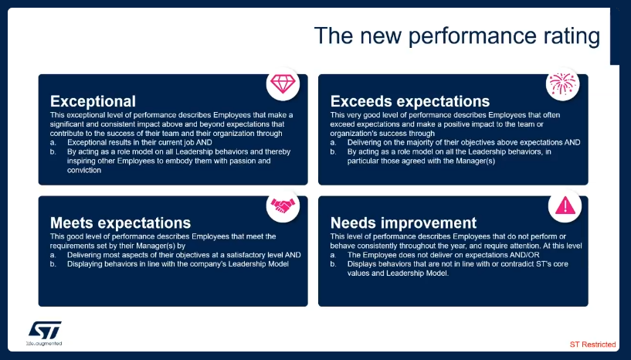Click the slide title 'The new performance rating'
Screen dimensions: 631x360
coord(456,36)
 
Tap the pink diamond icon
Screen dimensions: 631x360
coord(283,84)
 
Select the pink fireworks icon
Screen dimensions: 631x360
coord(562,83)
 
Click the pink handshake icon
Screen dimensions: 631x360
coord(283,205)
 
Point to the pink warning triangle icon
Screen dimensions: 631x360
coord(565,205)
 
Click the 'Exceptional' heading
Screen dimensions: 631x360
coord(93,101)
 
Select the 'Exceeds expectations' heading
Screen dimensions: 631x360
coord(410,101)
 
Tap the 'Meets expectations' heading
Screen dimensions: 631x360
coord(120,222)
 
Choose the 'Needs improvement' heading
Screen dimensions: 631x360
coord(403,222)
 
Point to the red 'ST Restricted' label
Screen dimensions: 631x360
coord(593,345)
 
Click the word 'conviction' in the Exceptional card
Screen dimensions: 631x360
coord(84,170)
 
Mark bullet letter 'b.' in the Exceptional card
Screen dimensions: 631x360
coord(53,152)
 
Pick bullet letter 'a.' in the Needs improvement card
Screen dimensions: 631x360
coord(333,255)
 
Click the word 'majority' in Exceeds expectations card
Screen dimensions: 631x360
coord(427,143)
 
